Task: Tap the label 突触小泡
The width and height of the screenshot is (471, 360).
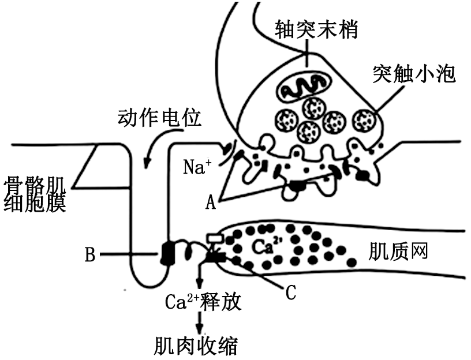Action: coord(414,73)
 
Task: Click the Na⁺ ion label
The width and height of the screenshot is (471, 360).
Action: coord(197,167)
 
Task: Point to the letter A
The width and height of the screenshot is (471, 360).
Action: coord(212,201)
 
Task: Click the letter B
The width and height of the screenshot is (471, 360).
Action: coord(90,254)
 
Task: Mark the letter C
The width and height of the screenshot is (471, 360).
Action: coord(291,292)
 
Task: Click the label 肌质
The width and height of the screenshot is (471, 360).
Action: coord(388,252)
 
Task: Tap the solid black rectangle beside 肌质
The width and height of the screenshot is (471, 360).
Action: coord(436,252)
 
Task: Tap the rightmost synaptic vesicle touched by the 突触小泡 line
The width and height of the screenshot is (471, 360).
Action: coord(365,120)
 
